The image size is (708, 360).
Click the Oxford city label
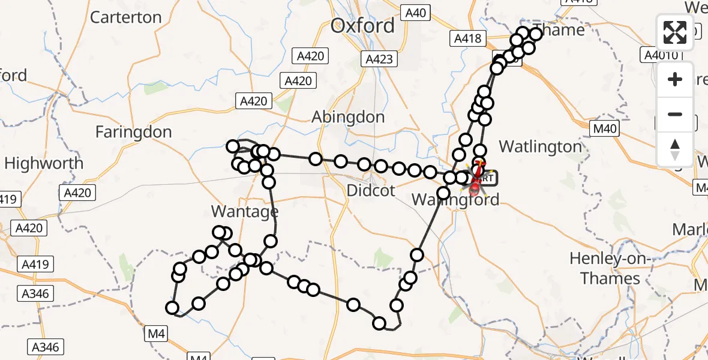[x=363, y=26]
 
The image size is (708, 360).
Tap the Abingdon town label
[x=348, y=117]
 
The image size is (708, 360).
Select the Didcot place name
[x=371, y=191]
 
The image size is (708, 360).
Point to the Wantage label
[x=245, y=211]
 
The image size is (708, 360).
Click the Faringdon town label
[x=133, y=132]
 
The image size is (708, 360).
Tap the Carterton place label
[x=125, y=17]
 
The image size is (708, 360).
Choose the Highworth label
[x=43, y=163]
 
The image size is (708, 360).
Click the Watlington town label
[x=540, y=146]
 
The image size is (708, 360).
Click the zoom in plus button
[x=676, y=79]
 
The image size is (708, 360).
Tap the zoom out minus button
[x=676, y=114]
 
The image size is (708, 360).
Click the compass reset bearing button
[x=676, y=149]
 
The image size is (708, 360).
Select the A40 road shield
[x=415, y=12]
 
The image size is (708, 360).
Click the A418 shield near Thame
[x=467, y=39]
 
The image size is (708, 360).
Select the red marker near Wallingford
[x=475, y=190]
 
